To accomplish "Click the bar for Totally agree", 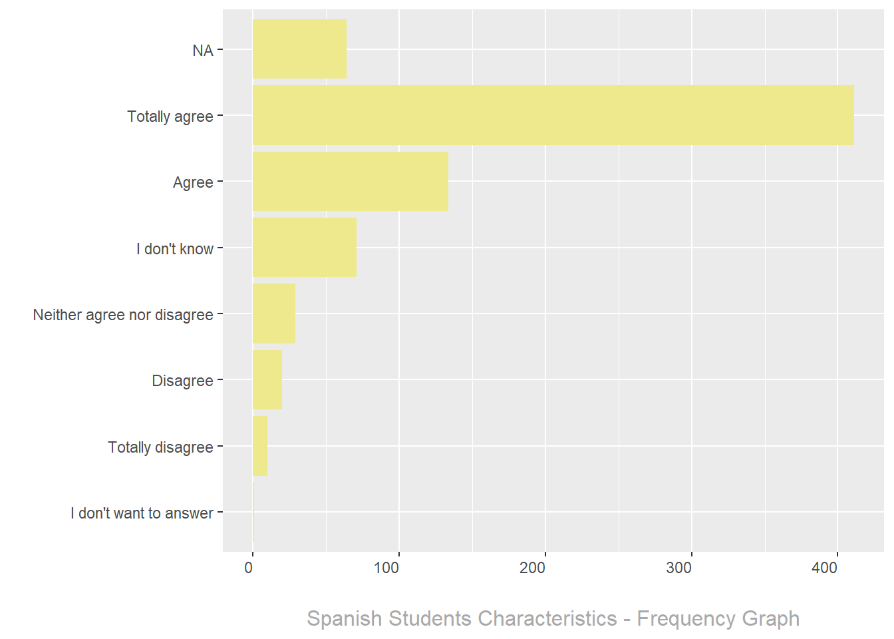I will tap(553, 115).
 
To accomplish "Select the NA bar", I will tap(299, 49).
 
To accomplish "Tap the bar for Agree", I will tap(350, 181).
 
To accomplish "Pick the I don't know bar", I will tap(304, 248).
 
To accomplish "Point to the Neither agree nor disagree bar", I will tap(273, 314).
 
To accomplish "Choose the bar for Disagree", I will tap(267, 379).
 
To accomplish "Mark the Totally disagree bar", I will tap(259, 446).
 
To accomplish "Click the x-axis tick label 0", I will tap(249, 568).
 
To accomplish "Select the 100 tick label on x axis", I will tap(386, 568).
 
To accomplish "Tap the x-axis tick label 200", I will tap(532, 568).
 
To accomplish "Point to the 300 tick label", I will tap(678, 568).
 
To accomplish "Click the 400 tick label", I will tap(825, 568).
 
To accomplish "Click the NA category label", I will tap(203, 51).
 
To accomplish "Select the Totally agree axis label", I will tap(170, 116).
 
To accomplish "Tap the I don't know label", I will tap(175, 249).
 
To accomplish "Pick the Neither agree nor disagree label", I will tap(123, 315).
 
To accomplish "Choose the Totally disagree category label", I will tap(160, 447).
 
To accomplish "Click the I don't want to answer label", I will tap(142, 513).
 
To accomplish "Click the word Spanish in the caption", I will tap(345, 619).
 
